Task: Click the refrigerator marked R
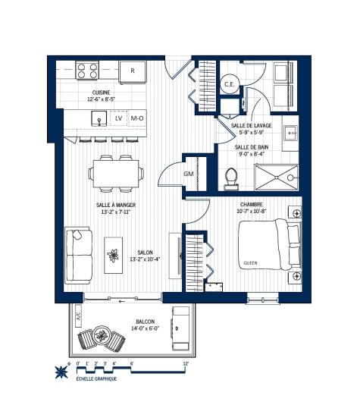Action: click(x=133, y=71)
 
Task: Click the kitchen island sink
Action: click(x=98, y=119)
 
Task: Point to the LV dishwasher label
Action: click(x=118, y=119)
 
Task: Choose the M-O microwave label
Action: click(x=137, y=119)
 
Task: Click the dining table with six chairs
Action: click(x=117, y=174)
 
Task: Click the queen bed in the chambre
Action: click(x=270, y=244)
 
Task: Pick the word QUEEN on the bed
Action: click(x=250, y=263)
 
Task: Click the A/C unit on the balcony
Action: click(x=77, y=319)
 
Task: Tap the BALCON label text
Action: click(x=146, y=321)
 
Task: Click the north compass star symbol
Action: click(x=59, y=372)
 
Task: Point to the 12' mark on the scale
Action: click(x=186, y=364)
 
